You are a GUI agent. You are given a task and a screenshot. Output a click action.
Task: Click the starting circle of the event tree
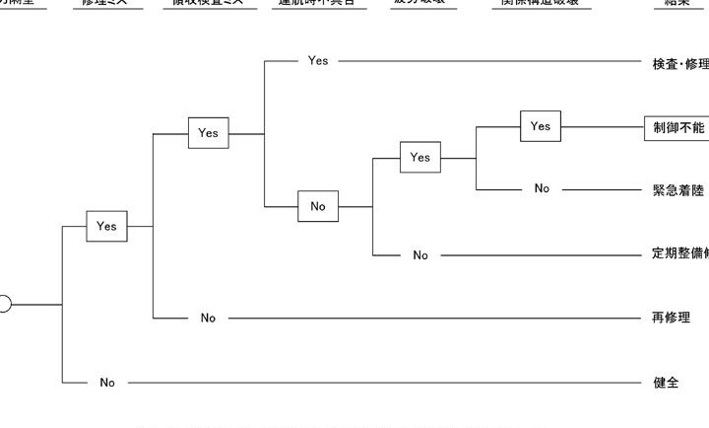click(x=4, y=305)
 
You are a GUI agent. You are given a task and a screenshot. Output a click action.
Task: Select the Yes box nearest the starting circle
click(x=106, y=226)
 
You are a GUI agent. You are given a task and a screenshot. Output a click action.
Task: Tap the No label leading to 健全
click(x=107, y=383)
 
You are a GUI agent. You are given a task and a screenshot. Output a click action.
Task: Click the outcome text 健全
click(x=667, y=383)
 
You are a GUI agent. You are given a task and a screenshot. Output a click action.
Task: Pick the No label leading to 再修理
click(x=208, y=318)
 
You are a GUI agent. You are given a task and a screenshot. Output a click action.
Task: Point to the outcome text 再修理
click(x=672, y=318)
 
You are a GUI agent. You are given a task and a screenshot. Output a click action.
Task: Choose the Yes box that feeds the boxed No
click(x=208, y=132)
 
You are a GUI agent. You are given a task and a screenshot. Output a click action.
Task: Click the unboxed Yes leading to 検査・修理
click(x=318, y=60)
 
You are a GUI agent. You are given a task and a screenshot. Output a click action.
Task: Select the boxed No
click(x=318, y=206)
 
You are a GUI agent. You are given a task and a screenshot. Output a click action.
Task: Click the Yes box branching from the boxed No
click(x=420, y=157)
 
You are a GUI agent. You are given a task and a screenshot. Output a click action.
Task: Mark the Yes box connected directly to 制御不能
click(x=541, y=126)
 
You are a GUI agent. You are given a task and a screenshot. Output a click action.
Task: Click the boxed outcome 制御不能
click(x=677, y=127)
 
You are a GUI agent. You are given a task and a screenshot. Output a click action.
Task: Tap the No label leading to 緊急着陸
click(x=542, y=188)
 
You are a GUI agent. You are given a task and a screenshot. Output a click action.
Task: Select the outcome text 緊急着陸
click(x=677, y=189)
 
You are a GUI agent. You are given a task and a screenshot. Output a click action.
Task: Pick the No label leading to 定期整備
click(x=420, y=255)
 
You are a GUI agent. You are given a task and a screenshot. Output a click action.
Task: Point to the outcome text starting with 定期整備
click(x=679, y=253)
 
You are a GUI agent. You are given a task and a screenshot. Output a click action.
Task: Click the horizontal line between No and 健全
click(x=384, y=383)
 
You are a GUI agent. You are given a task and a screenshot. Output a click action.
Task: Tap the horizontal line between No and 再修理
click(x=433, y=318)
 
